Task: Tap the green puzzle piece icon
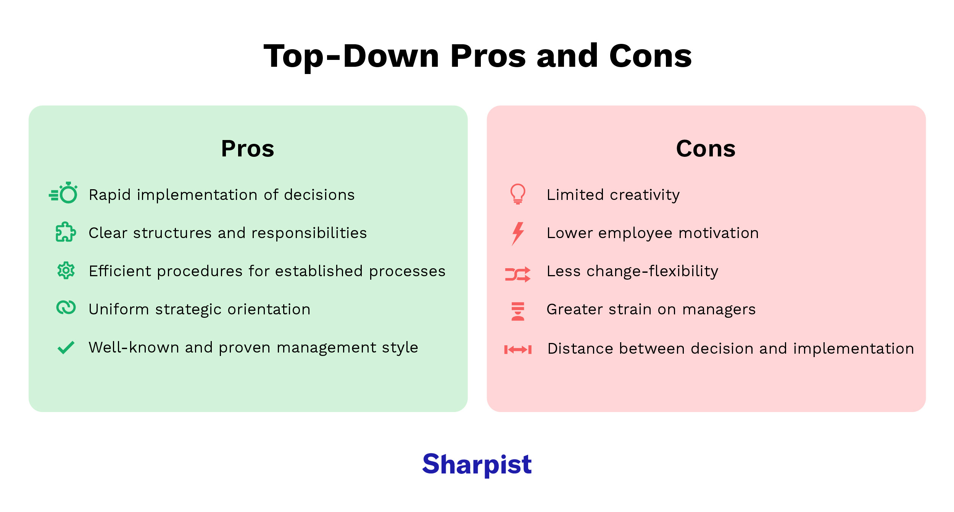click(x=66, y=232)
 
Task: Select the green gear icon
click(x=66, y=270)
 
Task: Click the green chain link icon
click(x=66, y=308)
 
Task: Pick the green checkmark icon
click(x=66, y=347)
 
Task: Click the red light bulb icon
click(x=518, y=194)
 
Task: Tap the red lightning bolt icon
click(x=518, y=233)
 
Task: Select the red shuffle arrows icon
click(x=517, y=274)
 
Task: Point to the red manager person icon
click(x=518, y=311)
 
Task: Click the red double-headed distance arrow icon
click(x=518, y=349)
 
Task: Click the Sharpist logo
click(x=477, y=464)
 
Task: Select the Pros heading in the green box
click(x=248, y=148)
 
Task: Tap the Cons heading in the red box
click(x=706, y=148)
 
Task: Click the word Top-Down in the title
click(x=351, y=56)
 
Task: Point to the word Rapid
click(x=110, y=195)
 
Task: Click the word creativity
click(x=645, y=195)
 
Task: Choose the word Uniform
click(x=119, y=309)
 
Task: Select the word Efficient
click(x=120, y=271)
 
